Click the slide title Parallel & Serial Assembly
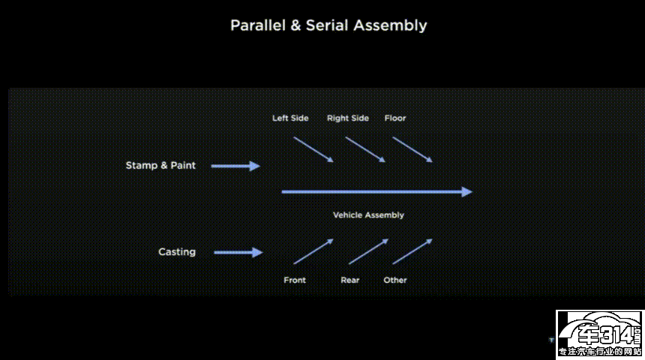click(x=328, y=25)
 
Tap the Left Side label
click(x=290, y=118)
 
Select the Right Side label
click(x=348, y=118)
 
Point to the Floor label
click(x=395, y=118)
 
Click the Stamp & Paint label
click(x=160, y=165)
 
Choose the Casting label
click(x=177, y=252)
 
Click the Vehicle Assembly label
click(x=368, y=215)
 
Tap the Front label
click(x=295, y=280)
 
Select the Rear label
click(x=350, y=280)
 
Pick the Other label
click(x=395, y=280)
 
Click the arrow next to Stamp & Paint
click(x=235, y=166)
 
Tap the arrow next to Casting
click(x=238, y=253)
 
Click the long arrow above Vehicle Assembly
click(x=376, y=192)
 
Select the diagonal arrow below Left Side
click(x=313, y=149)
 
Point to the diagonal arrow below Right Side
click(x=365, y=149)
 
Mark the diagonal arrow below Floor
click(x=412, y=149)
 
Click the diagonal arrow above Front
click(x=313, y=251)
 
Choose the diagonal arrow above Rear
click(x=368, y=251)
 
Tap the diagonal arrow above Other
click(x=412, y=251)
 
